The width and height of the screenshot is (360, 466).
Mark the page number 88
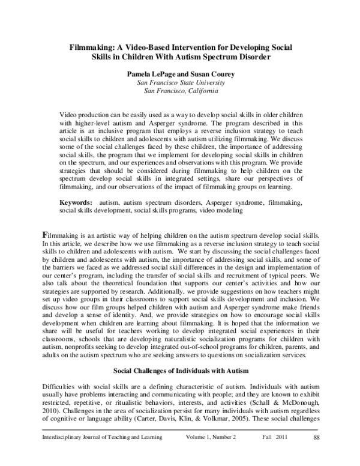[x=316, y=453]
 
